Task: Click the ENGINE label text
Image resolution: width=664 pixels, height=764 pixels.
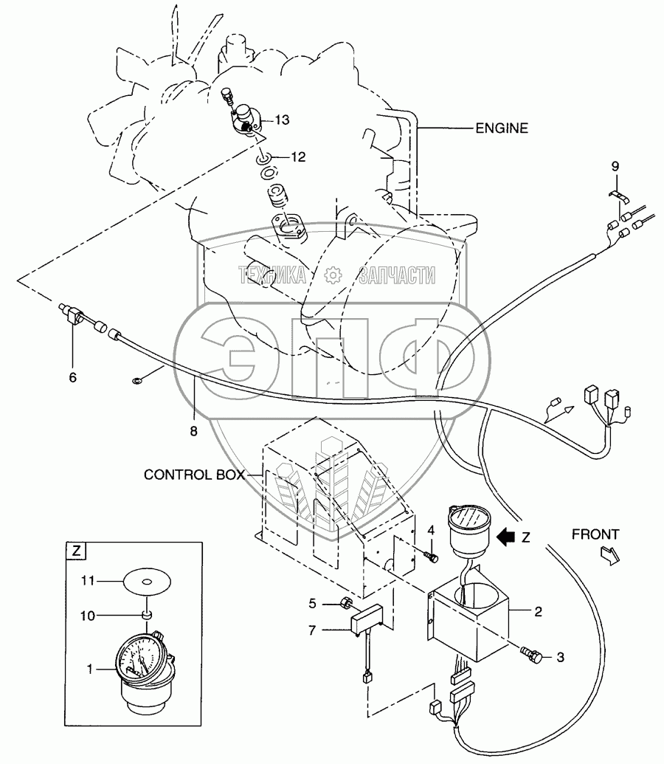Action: click(x=501, y=128)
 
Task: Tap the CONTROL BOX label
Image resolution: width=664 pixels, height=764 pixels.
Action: click(x=194, y=475)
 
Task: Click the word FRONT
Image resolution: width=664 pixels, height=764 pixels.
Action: click(x=595, y=534)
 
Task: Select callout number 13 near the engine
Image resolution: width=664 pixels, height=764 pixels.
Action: click(x=282, y=120)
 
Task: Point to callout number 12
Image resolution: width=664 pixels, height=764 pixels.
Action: click(x=298, y=157)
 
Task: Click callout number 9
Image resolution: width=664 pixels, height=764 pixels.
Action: click(x=615, y=166)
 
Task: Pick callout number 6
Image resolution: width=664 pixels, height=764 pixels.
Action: click(x=72, y=378)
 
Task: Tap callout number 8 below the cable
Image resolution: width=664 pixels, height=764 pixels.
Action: click(x=194, y=431)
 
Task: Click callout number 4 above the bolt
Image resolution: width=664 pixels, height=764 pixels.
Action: click(x=431, y=530)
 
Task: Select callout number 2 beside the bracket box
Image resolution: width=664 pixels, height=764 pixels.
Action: click(x=538, y=612)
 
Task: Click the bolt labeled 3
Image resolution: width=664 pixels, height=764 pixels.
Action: click(x=531, y=655)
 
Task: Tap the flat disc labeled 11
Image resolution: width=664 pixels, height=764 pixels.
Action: click(x=147, y=581)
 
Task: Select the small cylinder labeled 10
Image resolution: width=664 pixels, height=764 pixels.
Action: click(x=145, y=616)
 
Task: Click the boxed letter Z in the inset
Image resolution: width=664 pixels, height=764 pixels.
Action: click(x=76, y=551)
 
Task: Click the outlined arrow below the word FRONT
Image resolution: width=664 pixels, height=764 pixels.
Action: click(x=609, y=555)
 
